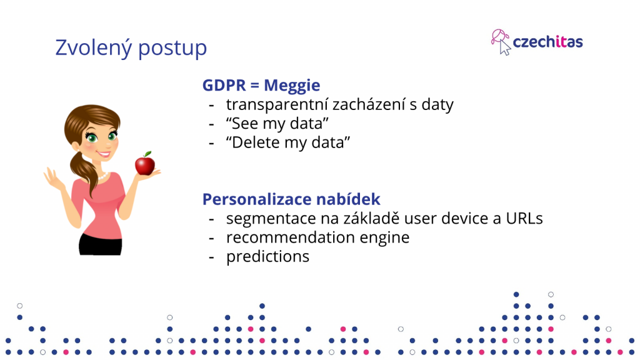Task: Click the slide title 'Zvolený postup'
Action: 131,48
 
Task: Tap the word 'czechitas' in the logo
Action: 547,42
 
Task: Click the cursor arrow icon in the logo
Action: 505,47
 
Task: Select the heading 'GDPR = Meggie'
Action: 261,85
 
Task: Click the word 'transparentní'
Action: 277,104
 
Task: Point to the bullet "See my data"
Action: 277,123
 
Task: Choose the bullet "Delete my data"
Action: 287,142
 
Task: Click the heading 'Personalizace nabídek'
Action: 291,199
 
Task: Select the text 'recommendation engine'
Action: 317,237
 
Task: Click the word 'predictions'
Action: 267,257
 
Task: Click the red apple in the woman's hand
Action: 145,164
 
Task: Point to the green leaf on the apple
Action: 147,154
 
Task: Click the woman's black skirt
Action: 101,244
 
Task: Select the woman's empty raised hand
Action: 52,178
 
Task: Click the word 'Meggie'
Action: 292,86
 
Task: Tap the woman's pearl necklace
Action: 102,176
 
